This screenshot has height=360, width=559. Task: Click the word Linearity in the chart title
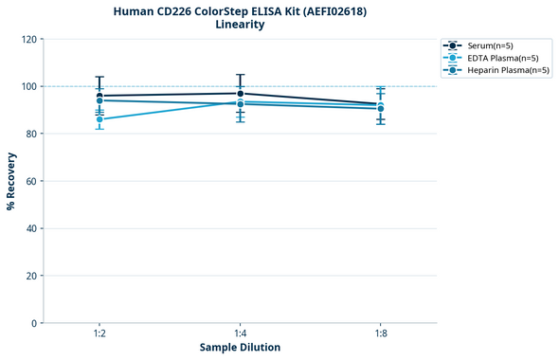coord(240,25)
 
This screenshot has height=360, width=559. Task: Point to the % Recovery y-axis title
coord(11,180)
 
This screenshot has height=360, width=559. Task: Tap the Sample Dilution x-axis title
coord(240,348)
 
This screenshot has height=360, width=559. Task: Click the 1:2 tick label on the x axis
coord(99,333)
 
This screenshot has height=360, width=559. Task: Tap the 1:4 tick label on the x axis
coord(240,333)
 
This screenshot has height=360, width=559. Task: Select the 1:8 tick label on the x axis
coord(380,333)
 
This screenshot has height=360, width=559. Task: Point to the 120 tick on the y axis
coord(28,39)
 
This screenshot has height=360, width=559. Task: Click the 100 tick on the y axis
coord(28,86)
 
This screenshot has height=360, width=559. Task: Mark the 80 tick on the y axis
coord(31,134)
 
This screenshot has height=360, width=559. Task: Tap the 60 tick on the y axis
coord(31,181)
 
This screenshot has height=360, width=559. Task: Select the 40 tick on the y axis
coord(31,228)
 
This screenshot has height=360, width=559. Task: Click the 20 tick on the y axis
coord(31,276)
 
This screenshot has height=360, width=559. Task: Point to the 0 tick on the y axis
coord(34,323)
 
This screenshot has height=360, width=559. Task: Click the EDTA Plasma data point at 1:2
coord(99,119)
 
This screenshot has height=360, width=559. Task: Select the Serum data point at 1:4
coord(240,93)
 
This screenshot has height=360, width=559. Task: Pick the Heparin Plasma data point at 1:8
coord(380,109)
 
